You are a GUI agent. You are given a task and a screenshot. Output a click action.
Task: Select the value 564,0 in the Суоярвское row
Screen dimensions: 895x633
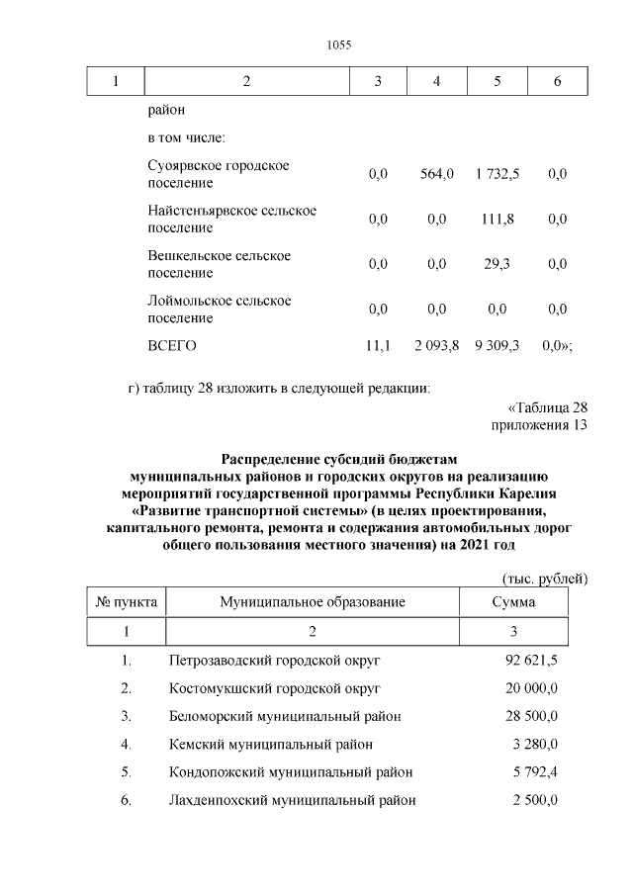(436, 174)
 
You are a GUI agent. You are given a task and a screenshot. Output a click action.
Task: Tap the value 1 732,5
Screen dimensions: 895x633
(497, 174)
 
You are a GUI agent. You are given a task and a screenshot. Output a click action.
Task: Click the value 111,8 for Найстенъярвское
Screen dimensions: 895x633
(497, 220)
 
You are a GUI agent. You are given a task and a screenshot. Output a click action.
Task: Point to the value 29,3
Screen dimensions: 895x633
(497, 264)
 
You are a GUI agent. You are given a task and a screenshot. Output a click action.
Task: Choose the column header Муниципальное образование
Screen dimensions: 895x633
(313, 601)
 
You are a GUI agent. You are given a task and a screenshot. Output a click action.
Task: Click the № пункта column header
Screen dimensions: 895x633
(126, 601)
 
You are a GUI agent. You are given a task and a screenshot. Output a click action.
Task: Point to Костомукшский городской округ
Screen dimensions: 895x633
(274, 687)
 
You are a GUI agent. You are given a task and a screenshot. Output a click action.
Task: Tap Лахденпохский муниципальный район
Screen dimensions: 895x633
(292, 800)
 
